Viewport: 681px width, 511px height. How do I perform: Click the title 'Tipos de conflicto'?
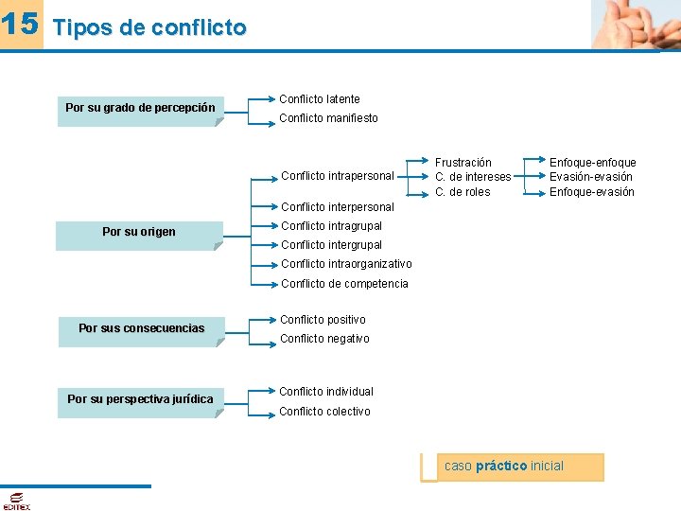point(149,28)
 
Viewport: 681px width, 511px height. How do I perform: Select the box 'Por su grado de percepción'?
point(140,109)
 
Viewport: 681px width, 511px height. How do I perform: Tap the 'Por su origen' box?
point(139,233)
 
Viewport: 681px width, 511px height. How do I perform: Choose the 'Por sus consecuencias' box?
point(141,329)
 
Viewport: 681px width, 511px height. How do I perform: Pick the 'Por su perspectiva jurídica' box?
point(140,400)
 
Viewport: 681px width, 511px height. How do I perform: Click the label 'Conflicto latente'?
point(319,99)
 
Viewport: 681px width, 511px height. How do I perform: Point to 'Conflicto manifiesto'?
point(328,118)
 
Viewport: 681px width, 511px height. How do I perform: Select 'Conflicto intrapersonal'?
point(337,176)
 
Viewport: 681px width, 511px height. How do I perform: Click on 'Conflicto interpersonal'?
point(337,207)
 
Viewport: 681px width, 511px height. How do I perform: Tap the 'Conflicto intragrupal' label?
point(331,226)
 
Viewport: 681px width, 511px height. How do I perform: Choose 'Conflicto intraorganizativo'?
point(346,264)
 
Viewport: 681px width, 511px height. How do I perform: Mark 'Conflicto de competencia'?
point(344,284)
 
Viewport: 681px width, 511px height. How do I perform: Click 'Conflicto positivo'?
point(323,320)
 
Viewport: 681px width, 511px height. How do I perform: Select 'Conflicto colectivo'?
point(324,412)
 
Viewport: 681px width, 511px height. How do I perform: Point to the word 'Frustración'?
point(463,163)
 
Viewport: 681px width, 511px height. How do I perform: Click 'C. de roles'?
point(462,192)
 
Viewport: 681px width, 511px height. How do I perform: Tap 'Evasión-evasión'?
point(591,177)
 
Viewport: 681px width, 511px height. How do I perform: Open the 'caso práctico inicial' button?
point(512,467)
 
